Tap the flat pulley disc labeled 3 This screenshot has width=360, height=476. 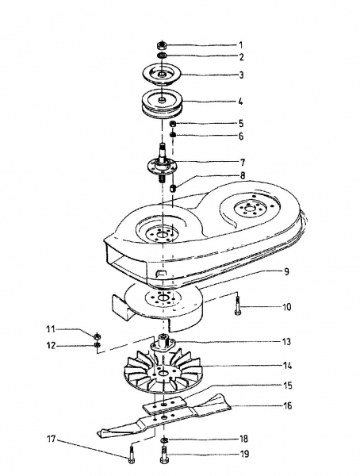pyautogui.click(x=162, y=75)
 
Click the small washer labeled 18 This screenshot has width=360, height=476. pyautogui.click(x=163, y=439)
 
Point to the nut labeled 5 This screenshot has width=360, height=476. pyautogui.click(x=173, y=125)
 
